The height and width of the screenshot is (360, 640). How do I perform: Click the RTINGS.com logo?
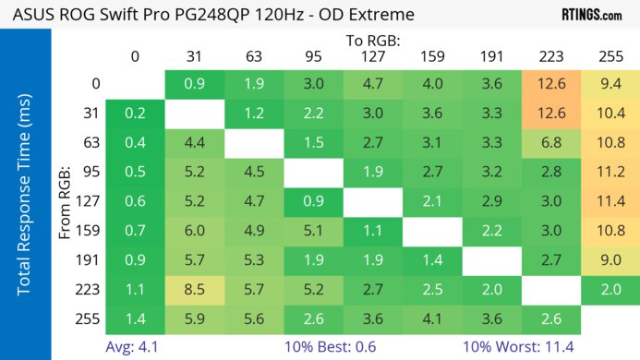pos(591,15)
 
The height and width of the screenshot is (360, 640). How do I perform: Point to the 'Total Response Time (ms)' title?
pos(25,194)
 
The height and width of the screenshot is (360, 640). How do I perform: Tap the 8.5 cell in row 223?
pos(195,288)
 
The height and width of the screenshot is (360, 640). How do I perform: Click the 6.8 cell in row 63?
pos(551,144)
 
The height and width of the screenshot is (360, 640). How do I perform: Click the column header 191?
pos(492,57)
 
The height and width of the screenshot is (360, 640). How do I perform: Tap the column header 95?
pos(313,57)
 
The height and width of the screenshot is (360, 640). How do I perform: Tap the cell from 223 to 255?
pos(610,288)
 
